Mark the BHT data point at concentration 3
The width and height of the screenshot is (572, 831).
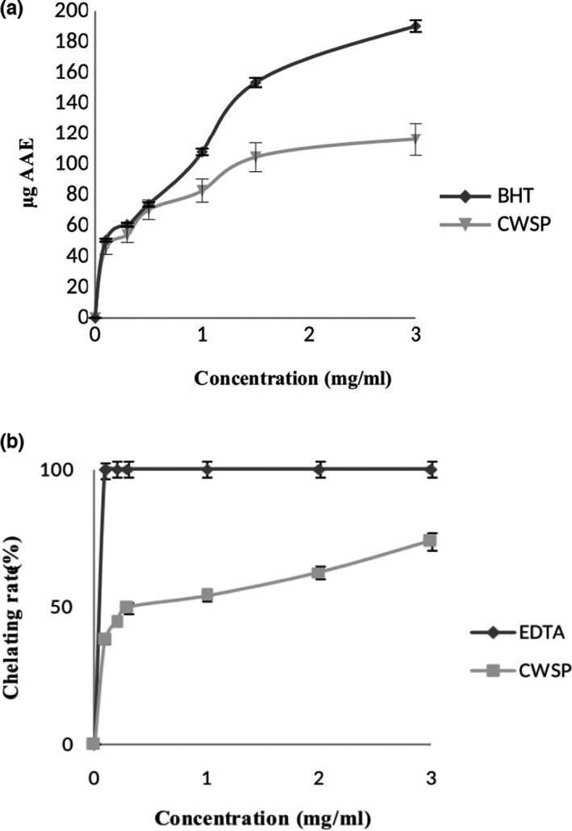pos(415,26)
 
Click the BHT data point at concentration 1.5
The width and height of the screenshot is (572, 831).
pos(256,82)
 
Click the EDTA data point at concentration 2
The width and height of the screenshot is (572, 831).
pos(320,470)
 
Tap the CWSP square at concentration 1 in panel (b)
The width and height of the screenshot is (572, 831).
pos(207,595)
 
